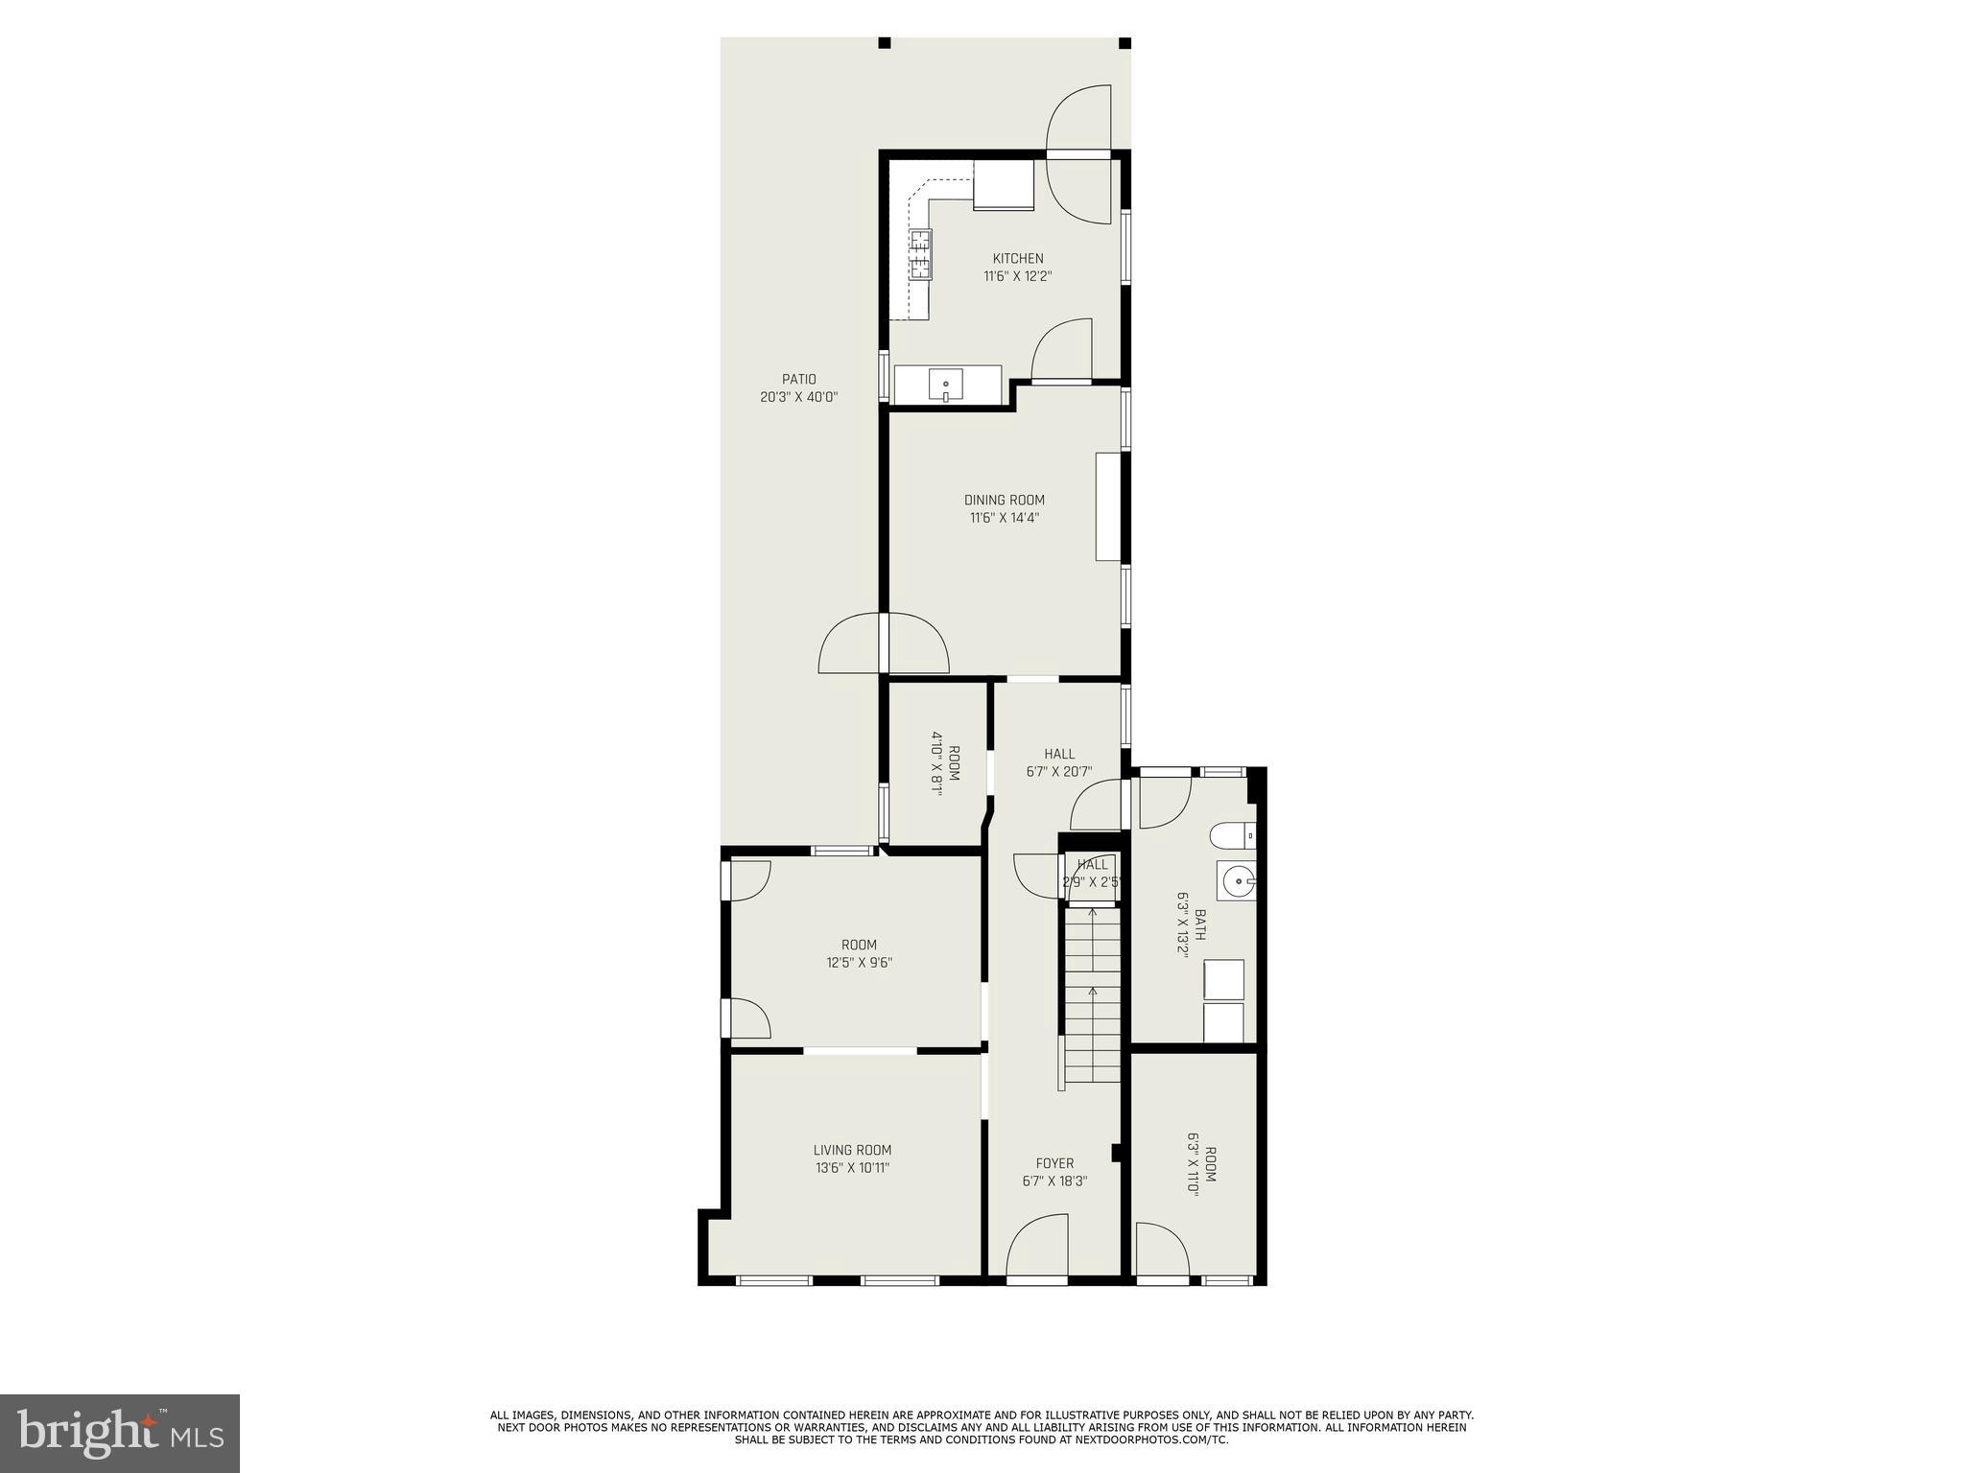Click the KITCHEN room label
1018,259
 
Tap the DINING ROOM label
1005,500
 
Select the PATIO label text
798,380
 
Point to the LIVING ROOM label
852,1150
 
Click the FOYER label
1054,1163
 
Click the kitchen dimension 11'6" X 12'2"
1018,277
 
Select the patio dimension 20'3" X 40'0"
798,397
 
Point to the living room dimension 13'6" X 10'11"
852,1168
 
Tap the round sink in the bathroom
1238,878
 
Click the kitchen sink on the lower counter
945,386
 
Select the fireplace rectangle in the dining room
1108,506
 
